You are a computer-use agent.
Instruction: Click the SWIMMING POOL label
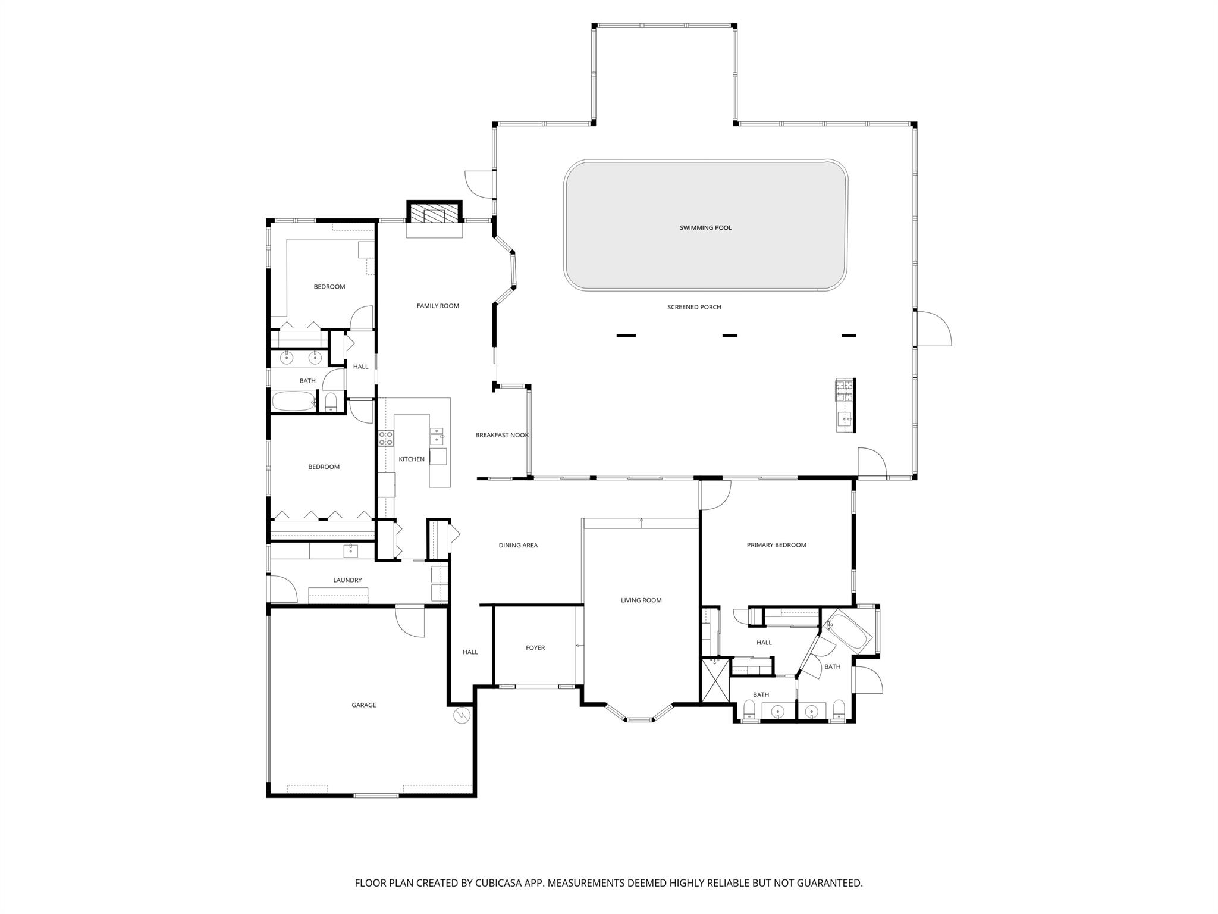click(x=705, y=227)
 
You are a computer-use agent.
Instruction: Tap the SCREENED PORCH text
click(x=694, y=307)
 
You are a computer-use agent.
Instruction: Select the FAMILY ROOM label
click(x=438, y=306)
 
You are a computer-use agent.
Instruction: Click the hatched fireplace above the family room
click(x=434, y=213)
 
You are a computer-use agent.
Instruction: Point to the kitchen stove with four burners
click(x=386, y=439)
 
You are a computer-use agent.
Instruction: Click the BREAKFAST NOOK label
click(x=502, y=435)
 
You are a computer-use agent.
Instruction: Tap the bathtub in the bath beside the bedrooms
click(x=293, y=402)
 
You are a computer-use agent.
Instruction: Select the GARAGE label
click(x=363, y=705)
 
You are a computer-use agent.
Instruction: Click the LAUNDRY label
click(x=347, y=580)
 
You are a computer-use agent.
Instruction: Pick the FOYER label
click(x=535, y=648)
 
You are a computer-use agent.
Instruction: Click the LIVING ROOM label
click(x=641, y=600)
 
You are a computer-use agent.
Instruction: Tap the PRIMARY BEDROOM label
click(x=776, y=545)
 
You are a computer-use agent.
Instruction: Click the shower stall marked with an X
click(x=715, y=681)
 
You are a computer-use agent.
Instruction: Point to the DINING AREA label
click(x=518, y=545)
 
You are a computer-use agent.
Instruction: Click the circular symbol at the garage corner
click(x=462, y=715)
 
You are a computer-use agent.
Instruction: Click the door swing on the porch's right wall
click(x=934, y=328)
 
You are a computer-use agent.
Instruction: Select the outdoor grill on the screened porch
click(x=845, y=390)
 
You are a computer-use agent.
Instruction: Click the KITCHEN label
click(x=412, y=459)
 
